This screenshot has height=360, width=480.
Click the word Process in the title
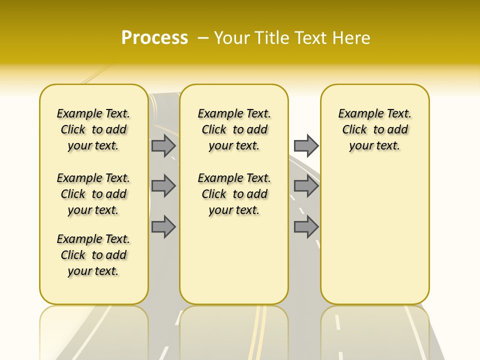[154, 38]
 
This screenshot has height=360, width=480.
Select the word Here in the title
[351, 38]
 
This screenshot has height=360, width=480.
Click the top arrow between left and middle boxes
[163, 145]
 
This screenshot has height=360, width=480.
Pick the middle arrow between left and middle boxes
[163, 186]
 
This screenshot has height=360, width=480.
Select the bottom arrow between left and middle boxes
[163, 226]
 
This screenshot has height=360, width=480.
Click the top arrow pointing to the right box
[306, 145]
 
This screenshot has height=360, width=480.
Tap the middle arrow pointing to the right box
[306, 186]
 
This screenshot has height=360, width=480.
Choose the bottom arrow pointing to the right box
[306, 226]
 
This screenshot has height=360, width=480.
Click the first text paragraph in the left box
[93, 129]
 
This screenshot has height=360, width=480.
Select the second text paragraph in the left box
[93, 194]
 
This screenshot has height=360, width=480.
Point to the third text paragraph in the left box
[93, 255]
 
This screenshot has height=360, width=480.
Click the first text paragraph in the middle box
[234, 129]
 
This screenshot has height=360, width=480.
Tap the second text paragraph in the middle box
[234, 194]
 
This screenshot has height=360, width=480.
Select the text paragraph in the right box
[374, 129]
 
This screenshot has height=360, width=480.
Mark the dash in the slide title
[203, 38]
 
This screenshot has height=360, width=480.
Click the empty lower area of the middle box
[234, 260]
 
